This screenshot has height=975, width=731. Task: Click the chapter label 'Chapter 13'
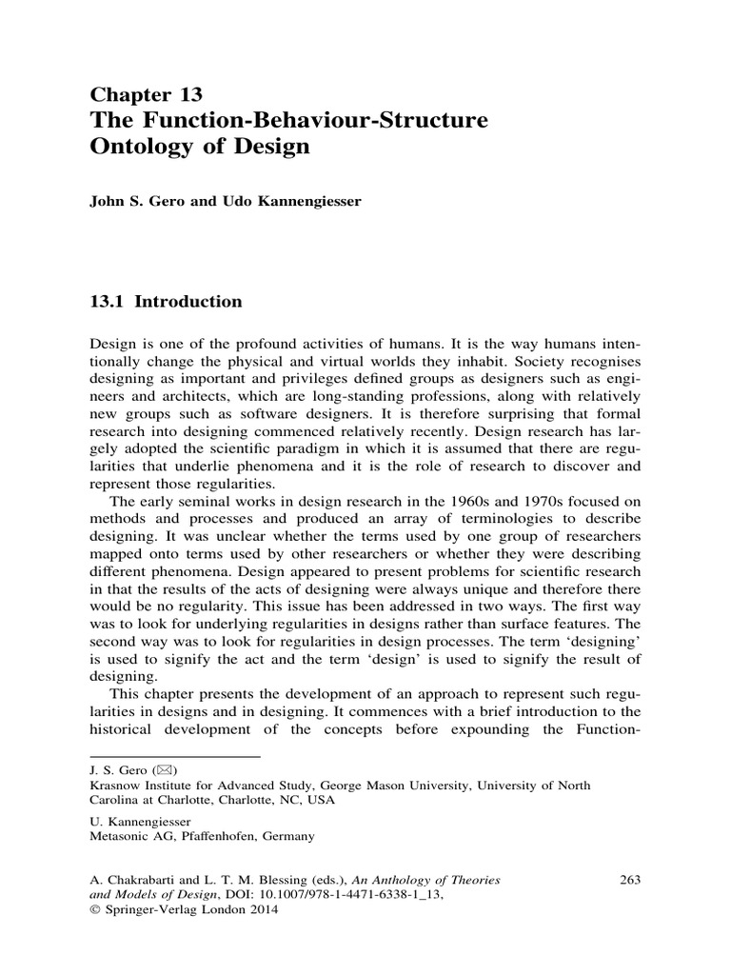tap(146, 94)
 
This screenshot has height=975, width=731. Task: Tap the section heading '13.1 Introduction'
tap(167, 302)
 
